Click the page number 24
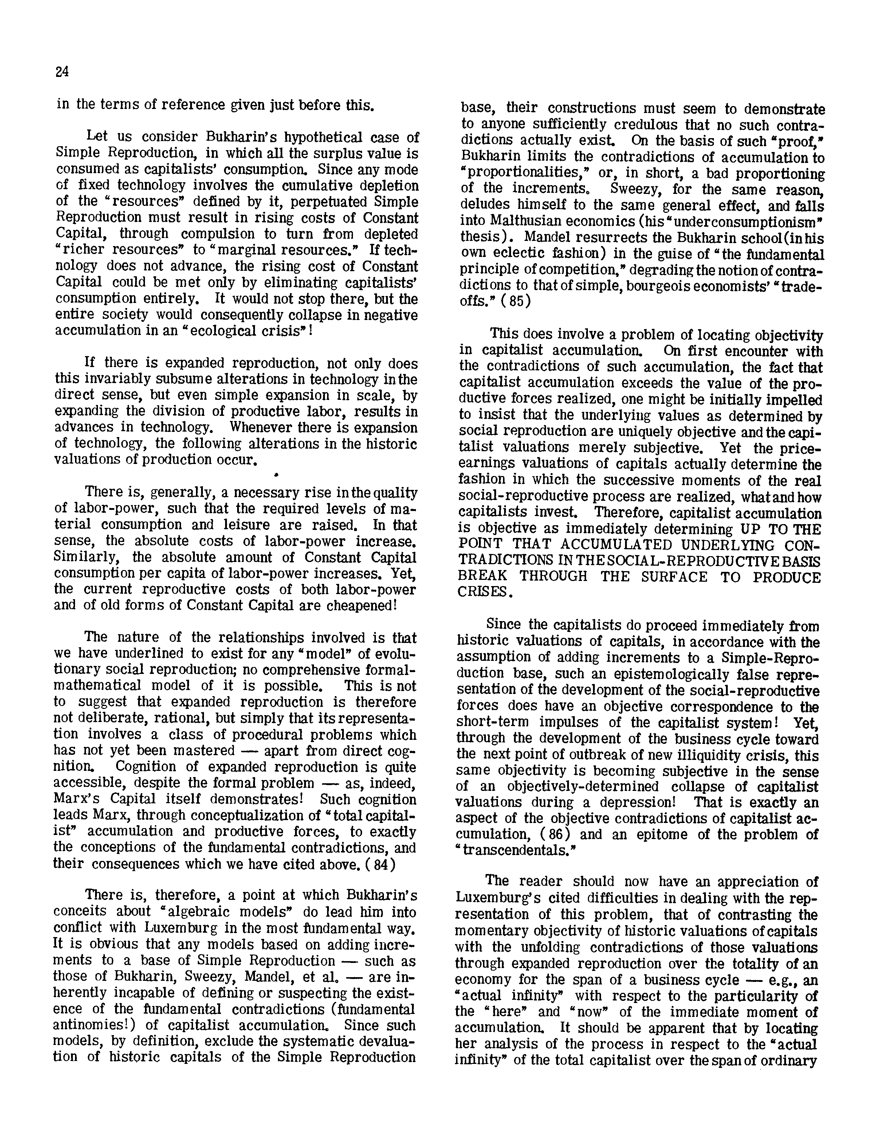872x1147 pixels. click(62, 72)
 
